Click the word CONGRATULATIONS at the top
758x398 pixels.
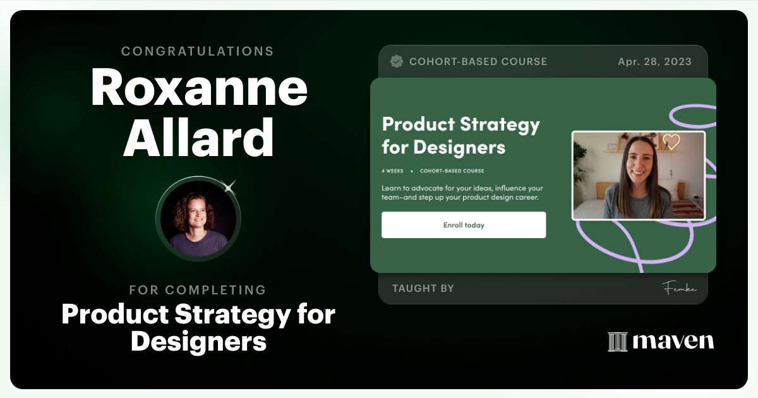pyautogui.click(x=198, y=51)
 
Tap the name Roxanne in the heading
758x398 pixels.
pyautogui.click(x=199, y=89)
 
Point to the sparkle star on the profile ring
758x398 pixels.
pyautogui.click(x=230, y=186)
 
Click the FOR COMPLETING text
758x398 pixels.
pyautogui.click(x=198, y=290)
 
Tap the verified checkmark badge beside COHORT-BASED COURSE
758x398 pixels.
pyautogui.click(x=397, y=61)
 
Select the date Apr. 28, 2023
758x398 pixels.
pyautogui.click(x=654, y=61)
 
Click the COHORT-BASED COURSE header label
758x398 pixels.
pyautogui.click(x=478, y=61)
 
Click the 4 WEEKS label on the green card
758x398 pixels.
pyautogui.click(x=392, y=171)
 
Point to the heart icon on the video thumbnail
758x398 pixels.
pyautogui.click(x=671, y=142)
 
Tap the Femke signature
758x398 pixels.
pyautogui.click(x=679, y=289)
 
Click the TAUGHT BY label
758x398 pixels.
pyautogui.click(x=423, y=289)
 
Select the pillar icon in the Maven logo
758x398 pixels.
pyautogui.click(x=617, y=342)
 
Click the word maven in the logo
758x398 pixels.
pyautogui.click(x=673, y=342)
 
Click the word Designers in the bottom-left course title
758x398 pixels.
pyautogui.click(x=198, y=341)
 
